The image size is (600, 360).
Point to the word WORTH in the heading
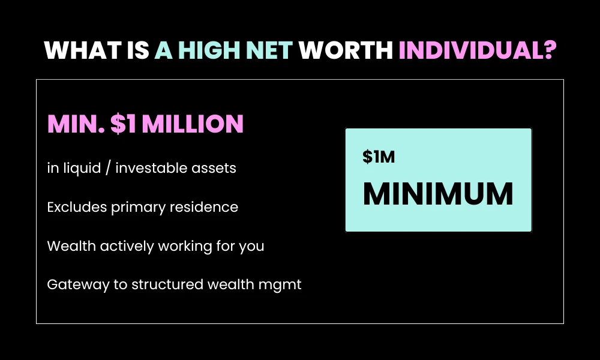click(x=346, y=50)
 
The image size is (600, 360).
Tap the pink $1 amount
click(x=122, y=124)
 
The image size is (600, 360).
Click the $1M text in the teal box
click(x=379, y=157)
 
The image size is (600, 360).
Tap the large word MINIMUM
click(x=438, y=194)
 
